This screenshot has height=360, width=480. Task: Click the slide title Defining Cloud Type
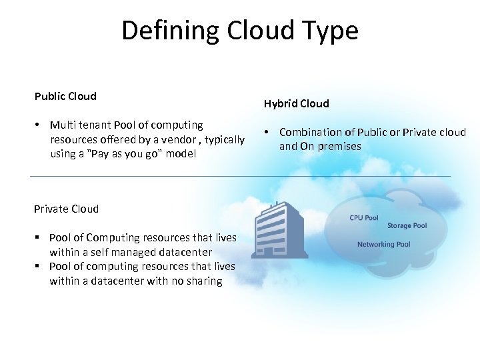pyautogui.click(x=240, y=31)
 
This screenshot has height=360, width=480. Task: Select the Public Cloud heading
pyautogui.click(x=65, y=96)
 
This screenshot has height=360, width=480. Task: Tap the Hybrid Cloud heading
pyautogui.click(x=296, y=103)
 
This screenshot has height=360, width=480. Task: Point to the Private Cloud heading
pyautogui.click(x=66, y=209)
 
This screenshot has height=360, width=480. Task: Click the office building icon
pyautogui.click(x=278, y=230)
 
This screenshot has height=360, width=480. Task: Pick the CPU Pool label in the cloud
pyautogui.click(x=363, y=218)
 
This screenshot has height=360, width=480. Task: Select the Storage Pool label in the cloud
pyautogui.click(x=407, y=226)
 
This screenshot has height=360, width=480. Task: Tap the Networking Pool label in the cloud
pyautogui.click(x=383, y=245)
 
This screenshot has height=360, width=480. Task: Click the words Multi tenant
pyautogui.click(x=80, y=125)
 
